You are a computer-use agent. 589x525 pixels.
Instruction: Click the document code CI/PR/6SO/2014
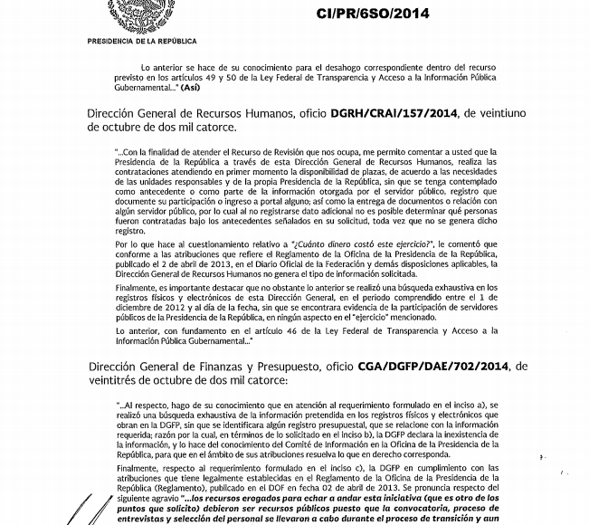pos(373,14)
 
